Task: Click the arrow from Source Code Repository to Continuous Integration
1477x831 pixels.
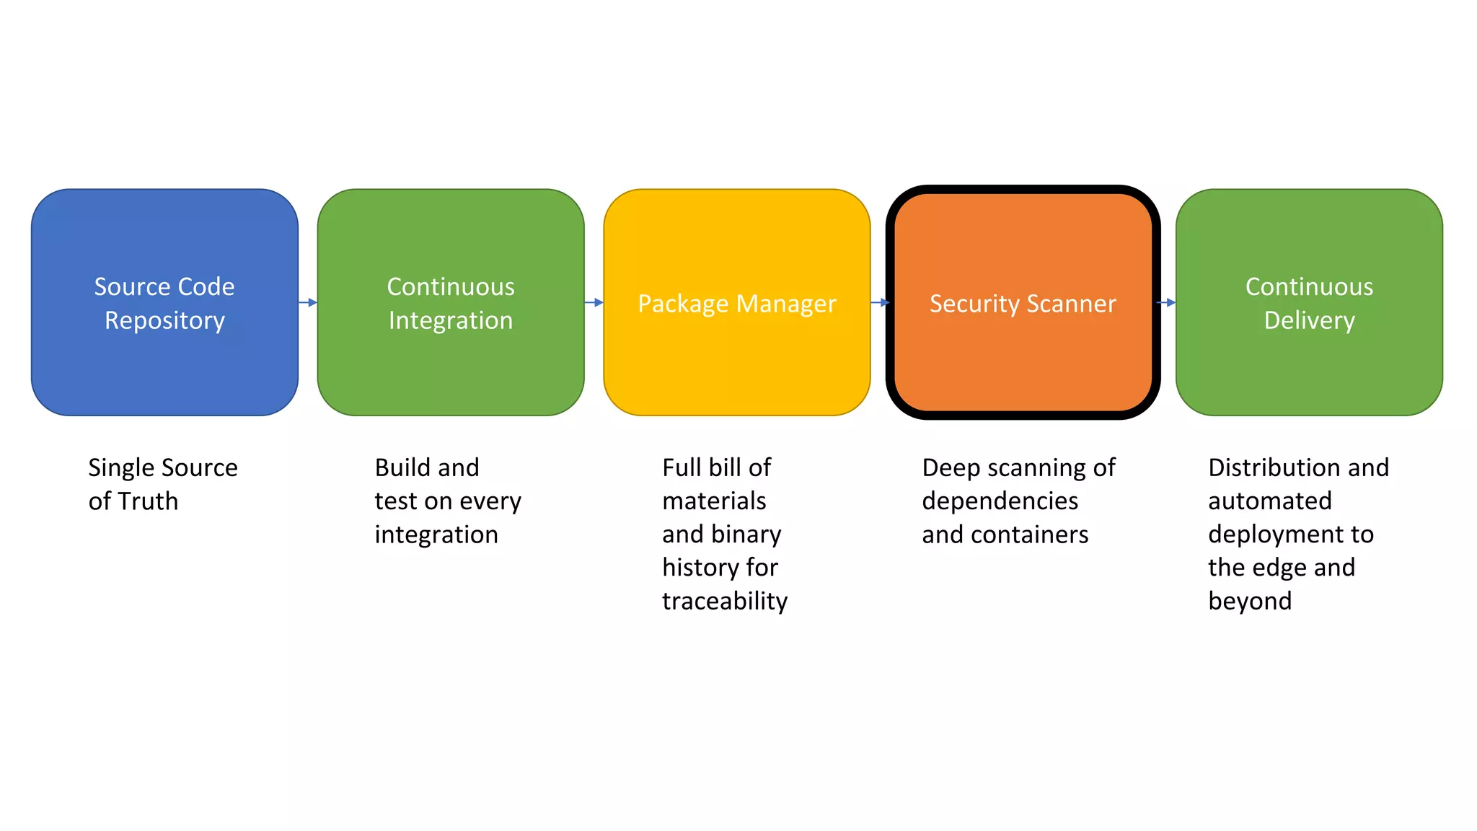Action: (x=308, y=302)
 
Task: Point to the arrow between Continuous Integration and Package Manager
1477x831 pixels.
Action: (x=594, y=302)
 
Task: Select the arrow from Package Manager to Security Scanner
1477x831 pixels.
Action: (x=880, y=302)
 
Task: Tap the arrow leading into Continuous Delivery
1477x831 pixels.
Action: (x=1166, y=302)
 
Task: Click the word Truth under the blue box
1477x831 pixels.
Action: (x=148, y=501)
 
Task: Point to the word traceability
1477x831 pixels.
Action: (x=725, y=601)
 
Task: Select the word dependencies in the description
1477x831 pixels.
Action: (x=1000, y=501)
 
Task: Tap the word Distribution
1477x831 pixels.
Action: (x=1266, y=467)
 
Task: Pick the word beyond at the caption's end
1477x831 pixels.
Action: (x=1250, y=601)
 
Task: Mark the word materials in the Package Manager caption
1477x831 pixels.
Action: (x=714, y=501)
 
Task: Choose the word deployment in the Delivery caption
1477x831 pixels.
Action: (x=1269, y=535)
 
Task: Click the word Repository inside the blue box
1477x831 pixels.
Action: (x=164, y=320)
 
